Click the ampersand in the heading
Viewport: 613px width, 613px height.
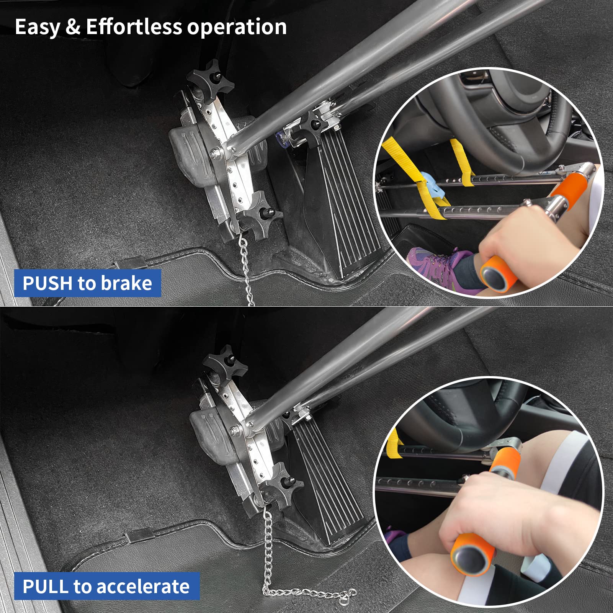click(73, 27)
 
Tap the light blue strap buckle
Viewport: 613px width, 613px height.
click(430, 185)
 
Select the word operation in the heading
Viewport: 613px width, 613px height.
click(237, 27)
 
